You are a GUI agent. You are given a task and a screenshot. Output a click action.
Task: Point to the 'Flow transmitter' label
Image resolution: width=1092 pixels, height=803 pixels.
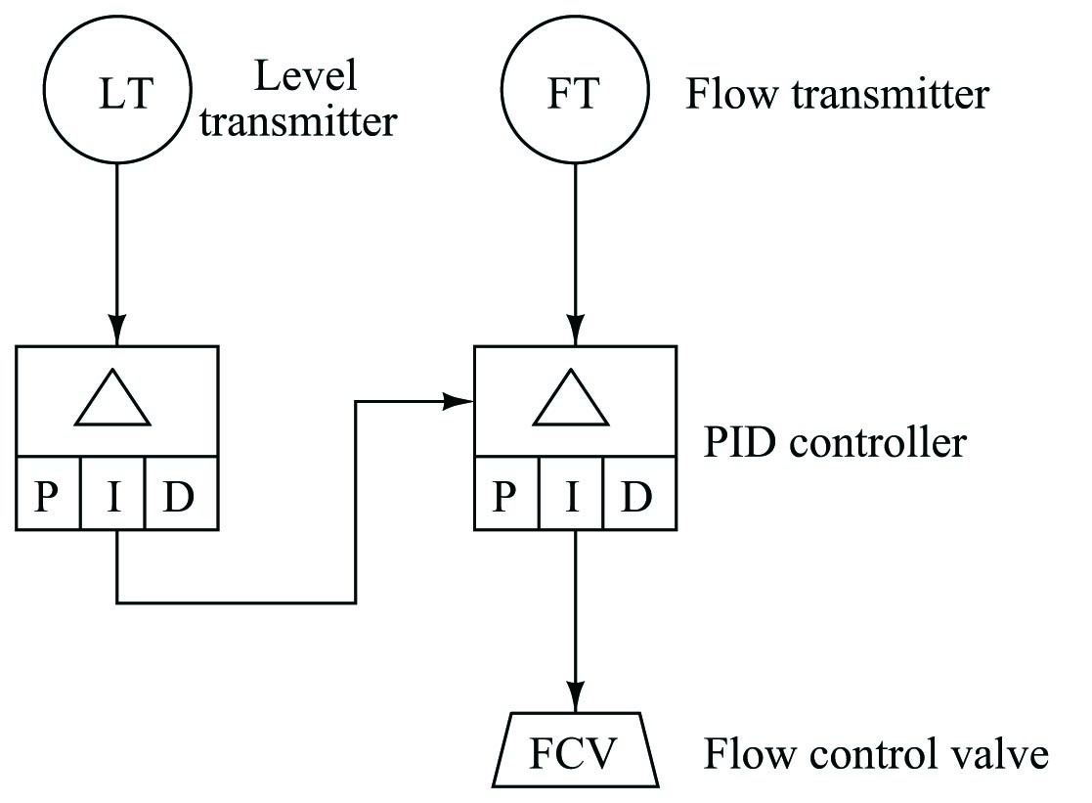click(837, 95)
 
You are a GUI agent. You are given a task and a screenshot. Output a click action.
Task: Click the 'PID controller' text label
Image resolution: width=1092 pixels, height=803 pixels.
click(835, 442)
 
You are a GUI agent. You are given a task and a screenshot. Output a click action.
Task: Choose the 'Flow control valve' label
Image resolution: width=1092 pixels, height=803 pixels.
click(876, 756)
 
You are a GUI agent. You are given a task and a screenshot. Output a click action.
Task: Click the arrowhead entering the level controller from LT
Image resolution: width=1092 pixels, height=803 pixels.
click(116, 333)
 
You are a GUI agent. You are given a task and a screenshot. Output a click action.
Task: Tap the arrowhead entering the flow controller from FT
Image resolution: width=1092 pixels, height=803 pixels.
click(575, 333)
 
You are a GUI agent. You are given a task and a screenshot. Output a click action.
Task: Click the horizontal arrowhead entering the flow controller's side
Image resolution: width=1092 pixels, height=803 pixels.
click(462, 401)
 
